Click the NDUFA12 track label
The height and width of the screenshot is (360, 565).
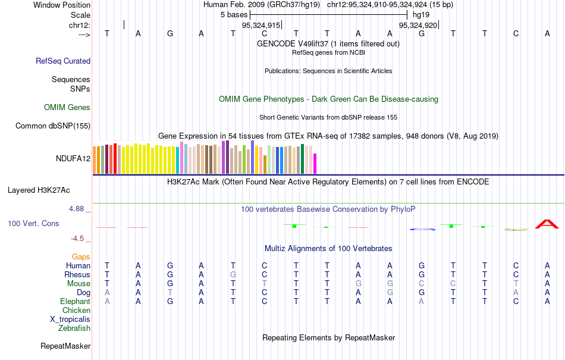tap(73, 158)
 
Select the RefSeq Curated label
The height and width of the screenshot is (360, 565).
tap(63, 61)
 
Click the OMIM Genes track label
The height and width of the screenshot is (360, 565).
tap(67, 108)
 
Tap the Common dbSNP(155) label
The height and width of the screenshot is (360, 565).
tap(53, 126)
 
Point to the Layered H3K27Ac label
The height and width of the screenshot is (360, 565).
tap(39, 190)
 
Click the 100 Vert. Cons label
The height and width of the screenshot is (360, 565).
tap(33, 223)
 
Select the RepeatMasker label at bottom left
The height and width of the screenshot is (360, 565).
tap(65, 346)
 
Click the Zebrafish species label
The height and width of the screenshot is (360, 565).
tap(74, 328)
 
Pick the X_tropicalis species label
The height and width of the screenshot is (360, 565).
tap(70, 319)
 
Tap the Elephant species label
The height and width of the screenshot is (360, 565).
tap(75, 301)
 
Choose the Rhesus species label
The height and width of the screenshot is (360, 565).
tap(77, 275)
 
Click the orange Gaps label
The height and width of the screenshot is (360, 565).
tap(81, 256)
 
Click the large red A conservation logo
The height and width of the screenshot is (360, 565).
tap(547, 224)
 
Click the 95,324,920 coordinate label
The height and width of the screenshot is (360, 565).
tap(418, 26)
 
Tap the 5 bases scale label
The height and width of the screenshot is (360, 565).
tap(234, 14)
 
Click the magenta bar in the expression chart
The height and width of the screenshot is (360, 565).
tap(315, 163)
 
